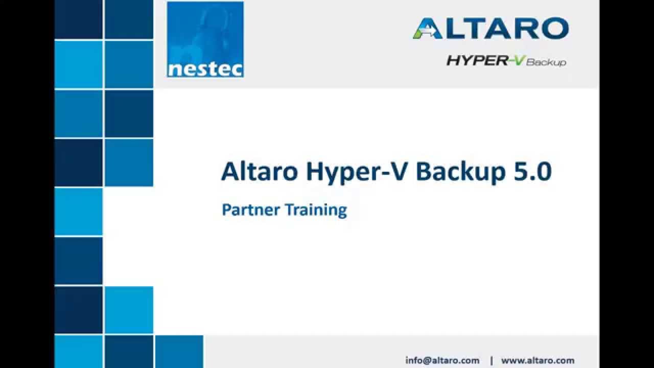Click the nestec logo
(205, 39)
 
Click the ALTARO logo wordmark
(491, 29)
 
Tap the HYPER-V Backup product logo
(506, 61)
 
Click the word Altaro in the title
(259, 172)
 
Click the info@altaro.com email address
(442, 360)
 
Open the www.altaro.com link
(538, 360)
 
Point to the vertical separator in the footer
(492, 360)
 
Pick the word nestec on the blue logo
(205, 69)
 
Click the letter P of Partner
(225, 210)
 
